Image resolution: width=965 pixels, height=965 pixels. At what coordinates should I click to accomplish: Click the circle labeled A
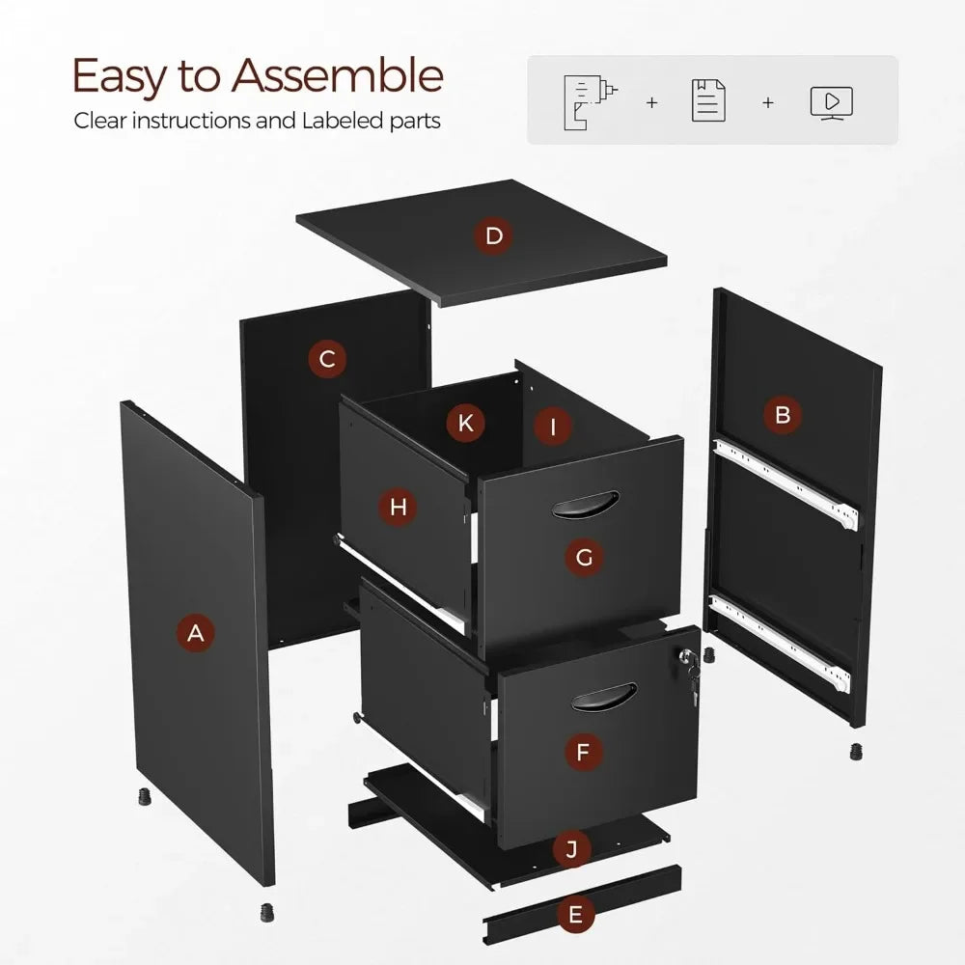pyautogui.click(x=196, y=633)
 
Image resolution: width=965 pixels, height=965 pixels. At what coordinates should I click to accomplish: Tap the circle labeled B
pyautogui.click(x=783, y=415)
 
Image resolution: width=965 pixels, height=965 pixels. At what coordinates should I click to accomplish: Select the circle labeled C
pyautogui.click(x=327, y=360)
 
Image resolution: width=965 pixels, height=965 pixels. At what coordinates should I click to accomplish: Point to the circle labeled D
pyautogui.click(x=494, y=236)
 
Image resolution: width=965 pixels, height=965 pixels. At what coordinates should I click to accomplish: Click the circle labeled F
pyautogui.click(x=583, y=753)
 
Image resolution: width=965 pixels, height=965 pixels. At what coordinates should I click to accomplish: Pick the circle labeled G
pyautogui.click(x=584, y=557)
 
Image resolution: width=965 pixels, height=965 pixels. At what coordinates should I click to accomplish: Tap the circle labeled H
pyautogui.click(x=399, y=506)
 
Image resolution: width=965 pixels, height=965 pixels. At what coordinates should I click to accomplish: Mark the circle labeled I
pyautogui.click(x=553, y=426)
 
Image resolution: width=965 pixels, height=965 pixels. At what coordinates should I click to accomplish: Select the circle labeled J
pyautogui.click(x=572, y=849)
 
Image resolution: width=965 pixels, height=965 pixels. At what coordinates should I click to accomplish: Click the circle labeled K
pyautogui.click(x=466, y=422)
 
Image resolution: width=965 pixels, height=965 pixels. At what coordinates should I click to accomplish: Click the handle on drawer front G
pyautogui.click(x=585, y=504)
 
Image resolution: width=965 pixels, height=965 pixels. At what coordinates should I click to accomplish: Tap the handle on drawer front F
pyautogui.click(x=603, y=697)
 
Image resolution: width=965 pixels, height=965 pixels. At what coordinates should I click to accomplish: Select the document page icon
pyautogui.click(x=709, y=101)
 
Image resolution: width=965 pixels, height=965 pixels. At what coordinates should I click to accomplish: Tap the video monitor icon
pyautogui.click(x=831, y=101)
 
